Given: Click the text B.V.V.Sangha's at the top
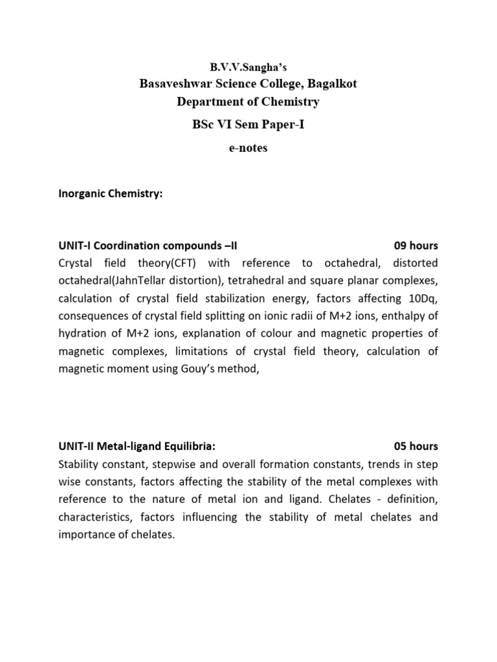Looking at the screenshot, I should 248,67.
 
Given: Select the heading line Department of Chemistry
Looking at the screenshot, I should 248,101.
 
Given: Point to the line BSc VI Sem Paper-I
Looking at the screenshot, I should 248,125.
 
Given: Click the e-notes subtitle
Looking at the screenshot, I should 248,148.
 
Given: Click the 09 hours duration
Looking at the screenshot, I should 415,246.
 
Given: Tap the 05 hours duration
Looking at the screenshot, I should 415,446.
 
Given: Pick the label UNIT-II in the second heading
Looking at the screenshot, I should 76,446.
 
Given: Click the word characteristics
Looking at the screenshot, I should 91,517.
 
